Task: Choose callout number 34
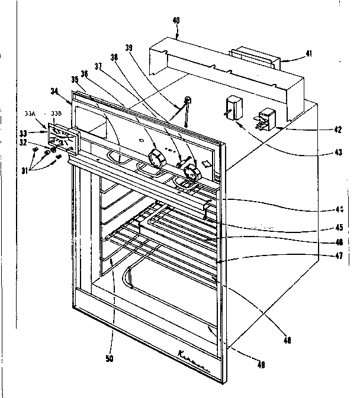(54, 91)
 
